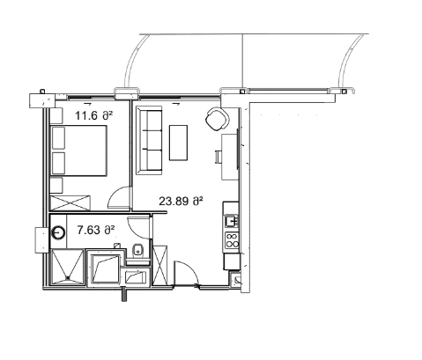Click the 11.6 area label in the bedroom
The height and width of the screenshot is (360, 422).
coord(92,115)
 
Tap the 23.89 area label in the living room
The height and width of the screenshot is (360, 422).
coord(180,201)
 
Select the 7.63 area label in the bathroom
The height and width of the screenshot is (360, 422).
coord(96,231)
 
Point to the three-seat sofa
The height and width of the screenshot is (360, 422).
coord(150,139)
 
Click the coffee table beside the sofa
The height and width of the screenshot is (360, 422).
coord(179,143)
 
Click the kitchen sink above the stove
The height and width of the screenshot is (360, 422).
coord(233,220)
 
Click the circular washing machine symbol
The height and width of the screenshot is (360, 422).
coord(59,234)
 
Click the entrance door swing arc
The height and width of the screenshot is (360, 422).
coord(186,274)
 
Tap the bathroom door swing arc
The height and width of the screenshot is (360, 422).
coord(138,228)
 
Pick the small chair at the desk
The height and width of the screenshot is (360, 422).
coord(218,157)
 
